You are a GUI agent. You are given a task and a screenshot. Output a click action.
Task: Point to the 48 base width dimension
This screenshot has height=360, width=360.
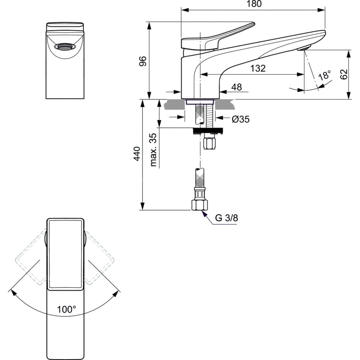237,87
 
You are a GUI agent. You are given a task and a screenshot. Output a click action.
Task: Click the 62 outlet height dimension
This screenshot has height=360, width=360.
343,75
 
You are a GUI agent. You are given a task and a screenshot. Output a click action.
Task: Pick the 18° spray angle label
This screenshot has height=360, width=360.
324,76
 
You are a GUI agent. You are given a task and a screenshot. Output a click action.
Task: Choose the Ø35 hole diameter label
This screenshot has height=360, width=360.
240,119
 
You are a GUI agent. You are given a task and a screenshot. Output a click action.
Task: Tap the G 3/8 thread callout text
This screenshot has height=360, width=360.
226,218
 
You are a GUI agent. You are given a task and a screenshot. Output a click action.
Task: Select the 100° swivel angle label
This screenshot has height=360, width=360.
66,309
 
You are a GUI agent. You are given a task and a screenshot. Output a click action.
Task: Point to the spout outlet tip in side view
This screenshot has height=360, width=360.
304,48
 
